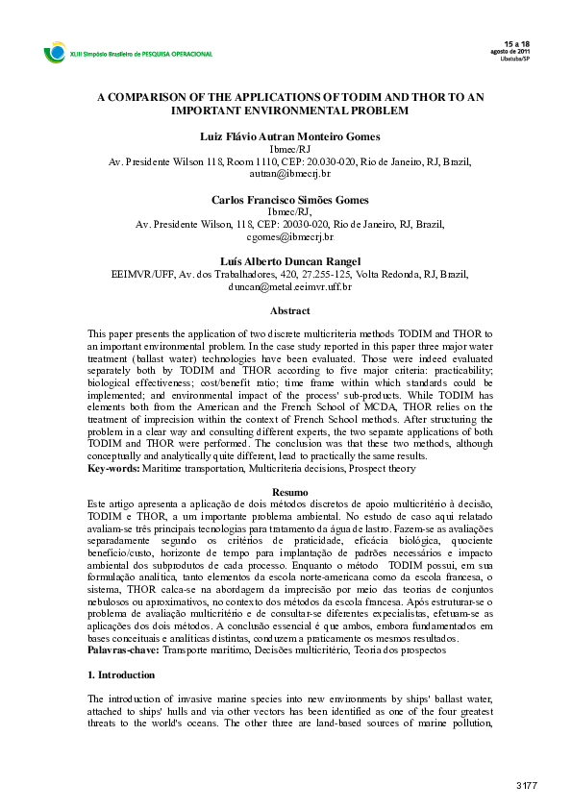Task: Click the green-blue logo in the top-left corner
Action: click(53, 54)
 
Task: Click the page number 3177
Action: click(526, 786)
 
